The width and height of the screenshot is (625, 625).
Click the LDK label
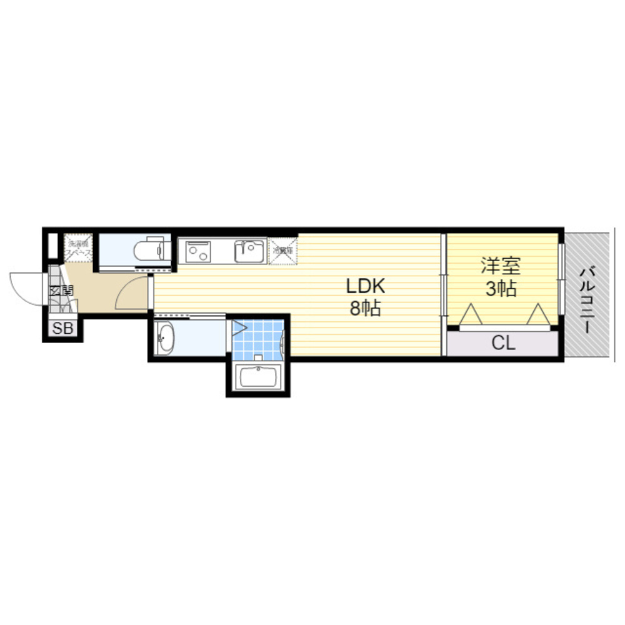[x=366, y=286]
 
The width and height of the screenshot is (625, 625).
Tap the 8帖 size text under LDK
[x=366, y=309]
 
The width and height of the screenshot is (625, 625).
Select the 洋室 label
[x=500, y=266]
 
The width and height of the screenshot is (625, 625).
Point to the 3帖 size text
[x=500, y=289]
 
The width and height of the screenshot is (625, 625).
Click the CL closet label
[x=502, y=342]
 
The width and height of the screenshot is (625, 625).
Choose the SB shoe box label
[x=62, y=329]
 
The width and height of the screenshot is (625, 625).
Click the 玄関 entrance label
[x=61, y=291]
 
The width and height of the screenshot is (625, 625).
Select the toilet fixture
[x=149, y=251]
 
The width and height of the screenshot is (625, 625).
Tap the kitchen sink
[x=249, y=251]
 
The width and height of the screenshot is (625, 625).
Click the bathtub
[x=257, y=377]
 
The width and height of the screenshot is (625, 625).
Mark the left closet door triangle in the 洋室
[x=470, y=315]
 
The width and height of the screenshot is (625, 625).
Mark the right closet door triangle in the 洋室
[x=539, y=315]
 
